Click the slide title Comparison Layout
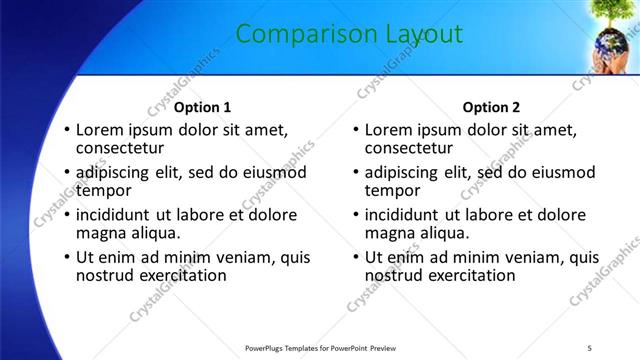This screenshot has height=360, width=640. (x=349, y=34)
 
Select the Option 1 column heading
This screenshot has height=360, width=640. (x=202, y=107)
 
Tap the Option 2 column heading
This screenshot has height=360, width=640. (x=491, y=107)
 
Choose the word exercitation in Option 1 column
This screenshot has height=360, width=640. (x=185, y=274)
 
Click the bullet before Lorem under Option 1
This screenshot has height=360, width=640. (x=65, y=131)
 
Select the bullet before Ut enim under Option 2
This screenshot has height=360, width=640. (x=354, y=257)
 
